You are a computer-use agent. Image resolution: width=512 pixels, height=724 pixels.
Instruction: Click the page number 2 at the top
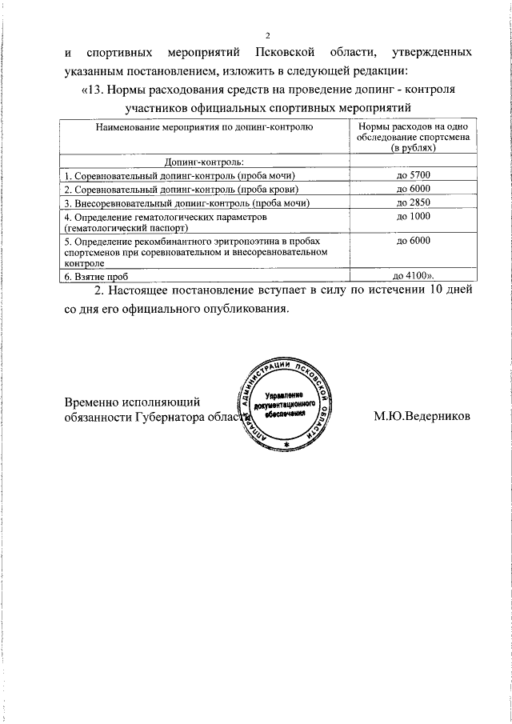pos(269,35)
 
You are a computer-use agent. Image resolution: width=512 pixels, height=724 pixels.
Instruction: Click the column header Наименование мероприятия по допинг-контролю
pos(204,127)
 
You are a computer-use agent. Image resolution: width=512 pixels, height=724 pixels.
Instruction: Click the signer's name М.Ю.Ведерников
pos(422,416)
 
